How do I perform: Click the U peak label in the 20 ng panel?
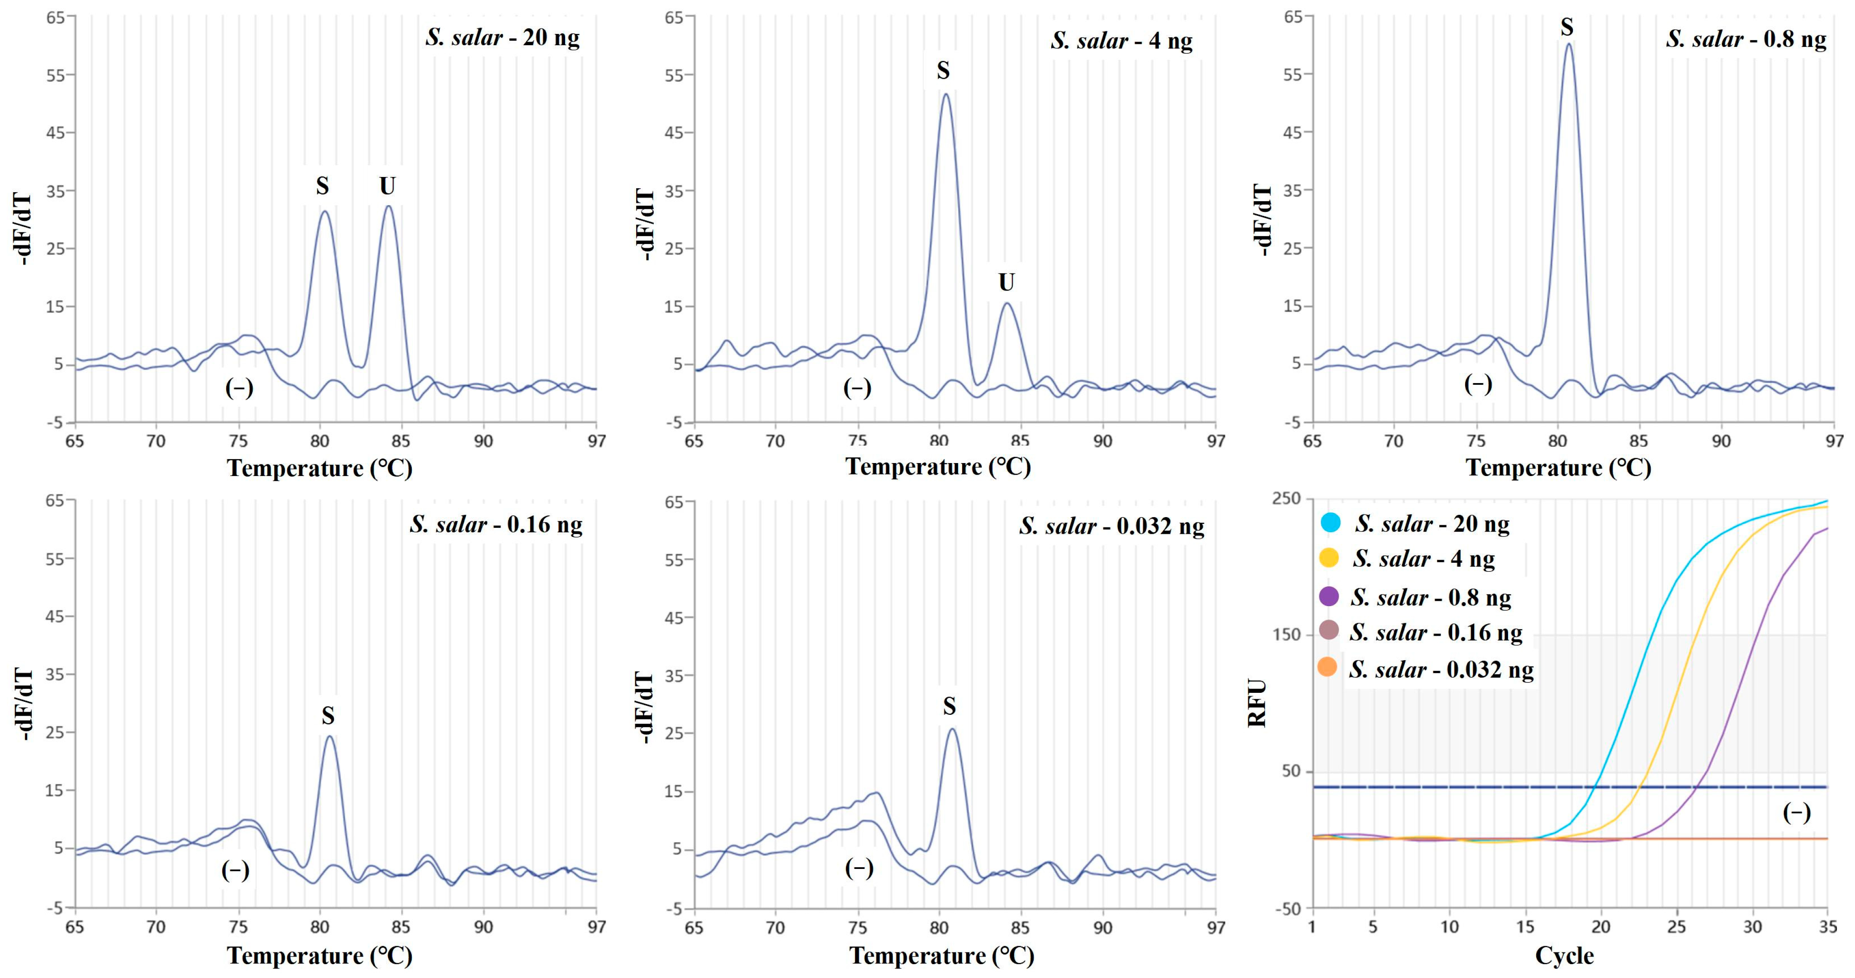[x=388, y=186]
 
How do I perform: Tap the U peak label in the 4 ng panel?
[x=1006, y=282]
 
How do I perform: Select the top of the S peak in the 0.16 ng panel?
[x=329, y=736]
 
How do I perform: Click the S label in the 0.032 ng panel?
[x=949, y=707]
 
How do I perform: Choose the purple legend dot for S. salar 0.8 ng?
[x=1329, y=596]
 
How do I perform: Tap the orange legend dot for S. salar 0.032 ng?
[x=1327, y=668]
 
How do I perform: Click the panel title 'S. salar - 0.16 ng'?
[x=496, y=524]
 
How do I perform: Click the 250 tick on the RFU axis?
[x=1286, y=498]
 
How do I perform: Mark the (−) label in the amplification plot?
[x=1796, y=813]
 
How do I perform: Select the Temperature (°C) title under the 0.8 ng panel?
[x=1558, y=468]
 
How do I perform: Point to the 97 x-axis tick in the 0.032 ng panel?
[x=1216, y=927]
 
